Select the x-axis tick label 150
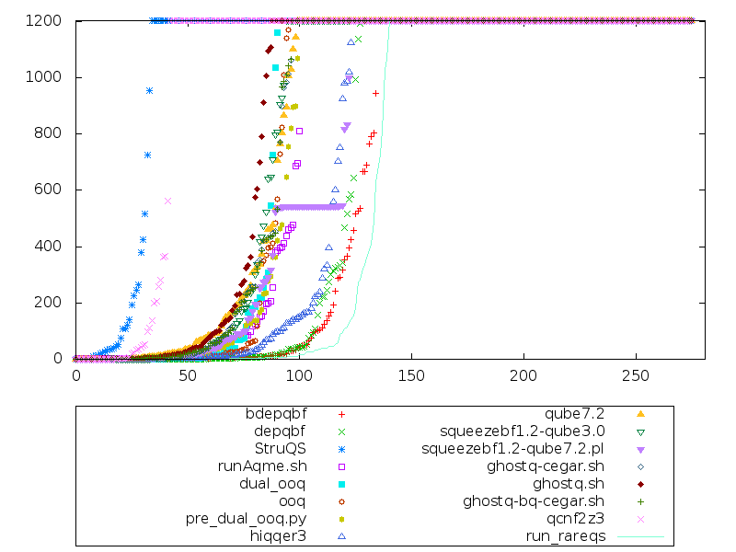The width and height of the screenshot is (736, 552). point(411,375)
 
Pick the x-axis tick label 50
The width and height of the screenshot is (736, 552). point(188,375)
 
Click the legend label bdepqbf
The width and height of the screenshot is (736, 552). point(279,414)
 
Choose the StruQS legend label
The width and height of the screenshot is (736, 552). point(280,449)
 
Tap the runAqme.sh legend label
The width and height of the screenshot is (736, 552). point(261,466)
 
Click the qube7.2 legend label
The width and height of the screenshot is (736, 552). point(578,414)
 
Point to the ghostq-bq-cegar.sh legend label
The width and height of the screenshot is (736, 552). point(534,500)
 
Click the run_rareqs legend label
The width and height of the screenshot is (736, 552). point(565,535)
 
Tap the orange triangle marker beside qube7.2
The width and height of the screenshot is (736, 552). point(640,414)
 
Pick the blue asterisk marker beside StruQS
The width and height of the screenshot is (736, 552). point(341,449)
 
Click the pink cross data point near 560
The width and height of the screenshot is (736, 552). point(168,201)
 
